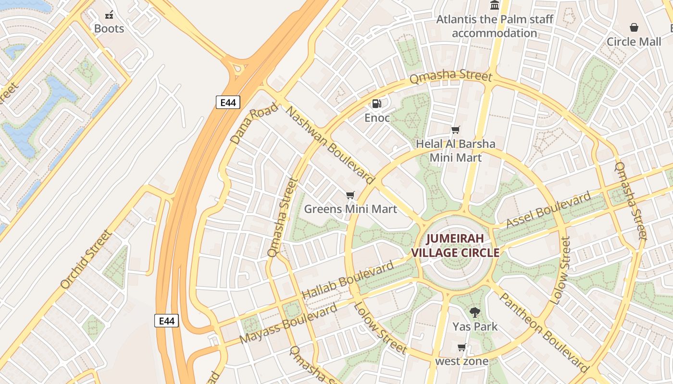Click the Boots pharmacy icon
109,15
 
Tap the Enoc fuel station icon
377,103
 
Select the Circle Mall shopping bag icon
634,27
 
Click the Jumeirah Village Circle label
455,245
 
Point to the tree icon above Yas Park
475,312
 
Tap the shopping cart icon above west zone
462,347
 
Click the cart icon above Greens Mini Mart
350,195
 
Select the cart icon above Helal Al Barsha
455,130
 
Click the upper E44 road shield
228,102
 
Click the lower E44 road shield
166,321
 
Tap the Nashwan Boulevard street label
330,145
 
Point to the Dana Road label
254,123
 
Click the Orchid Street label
87,259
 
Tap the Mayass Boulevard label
288,324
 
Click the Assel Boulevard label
548,210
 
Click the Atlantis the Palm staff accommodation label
495,26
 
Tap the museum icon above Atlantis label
495,5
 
